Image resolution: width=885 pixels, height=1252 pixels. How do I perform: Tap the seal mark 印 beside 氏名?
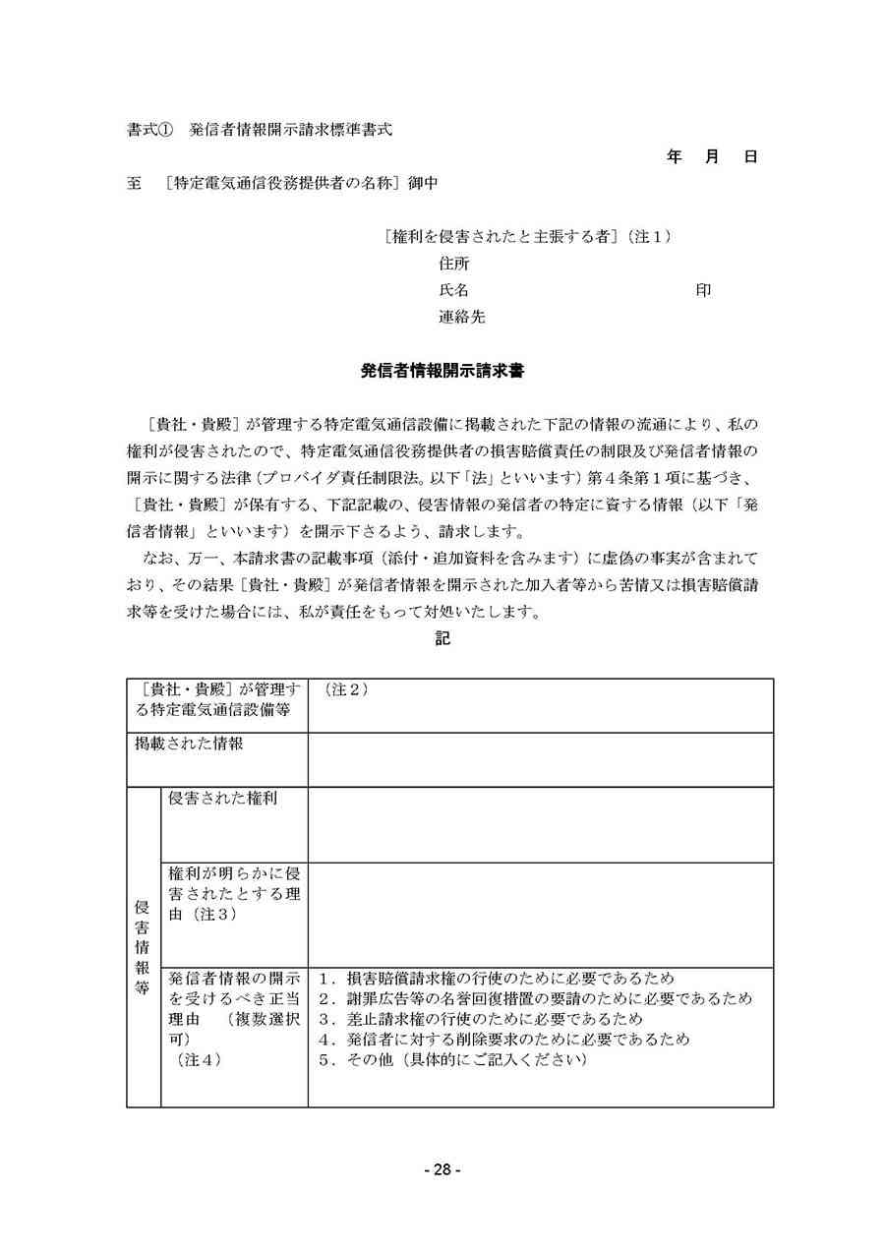[703, 290]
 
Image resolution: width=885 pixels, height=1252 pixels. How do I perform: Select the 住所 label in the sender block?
[454, 264]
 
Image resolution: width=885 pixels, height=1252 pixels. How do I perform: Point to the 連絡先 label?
[461, 317]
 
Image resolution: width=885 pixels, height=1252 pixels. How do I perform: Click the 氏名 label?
[454, 290]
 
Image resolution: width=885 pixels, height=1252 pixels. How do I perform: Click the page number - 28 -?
[442, 1169]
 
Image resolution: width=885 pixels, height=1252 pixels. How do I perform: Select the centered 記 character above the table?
[442, 637]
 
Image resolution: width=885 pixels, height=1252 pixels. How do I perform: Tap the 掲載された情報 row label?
[189, 745]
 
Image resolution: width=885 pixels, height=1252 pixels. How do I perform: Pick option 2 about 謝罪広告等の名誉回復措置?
[536, 998]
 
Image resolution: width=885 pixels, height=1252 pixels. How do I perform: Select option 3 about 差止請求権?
[481, 1018]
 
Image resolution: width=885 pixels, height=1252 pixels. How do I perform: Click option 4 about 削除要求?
[504, 1039]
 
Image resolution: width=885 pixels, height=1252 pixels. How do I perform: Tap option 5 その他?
[453, 1059]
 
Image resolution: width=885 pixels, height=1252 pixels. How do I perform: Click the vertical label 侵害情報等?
[142, 947]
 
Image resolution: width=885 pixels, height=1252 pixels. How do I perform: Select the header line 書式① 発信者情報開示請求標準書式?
[260, 129]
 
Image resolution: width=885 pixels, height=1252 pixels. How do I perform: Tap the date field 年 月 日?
[711, 156]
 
